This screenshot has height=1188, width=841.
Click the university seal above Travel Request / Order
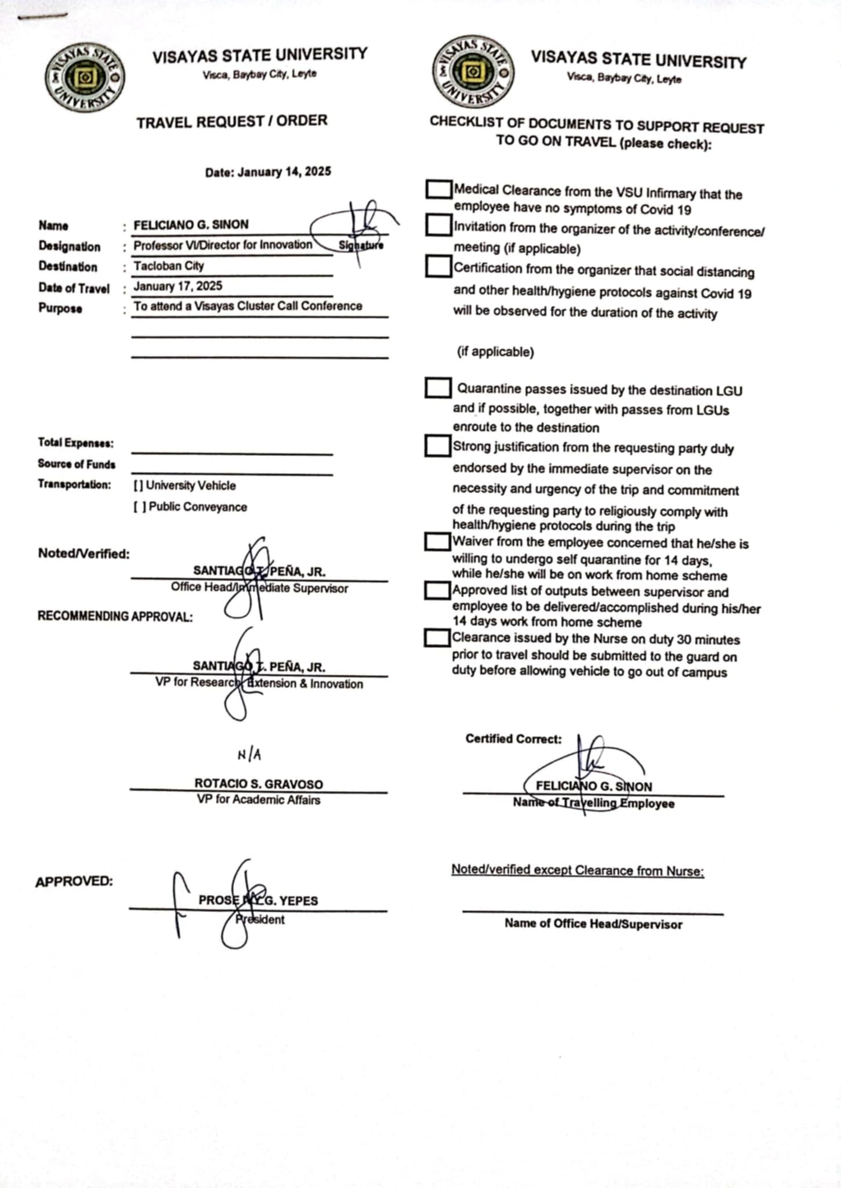coord(85,79)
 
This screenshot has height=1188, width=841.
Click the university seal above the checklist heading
coord(473,72)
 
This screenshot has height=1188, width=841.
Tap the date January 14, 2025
coord(268,172)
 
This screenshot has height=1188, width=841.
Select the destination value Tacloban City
coord(169,266)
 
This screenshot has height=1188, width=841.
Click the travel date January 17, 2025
coord(178,286)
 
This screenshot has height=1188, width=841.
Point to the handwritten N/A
coord(249,754)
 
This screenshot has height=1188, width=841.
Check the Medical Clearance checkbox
coord(438,189)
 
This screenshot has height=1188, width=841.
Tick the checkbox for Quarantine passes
coord(438,388)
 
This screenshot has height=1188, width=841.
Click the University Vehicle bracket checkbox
coord(138,486)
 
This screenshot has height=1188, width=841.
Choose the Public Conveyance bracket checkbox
coord(139,507)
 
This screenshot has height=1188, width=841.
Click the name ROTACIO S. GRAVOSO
coord(259,784)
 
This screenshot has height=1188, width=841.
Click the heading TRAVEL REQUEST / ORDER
coord(232,122)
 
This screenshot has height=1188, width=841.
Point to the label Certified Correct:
coord(513,739)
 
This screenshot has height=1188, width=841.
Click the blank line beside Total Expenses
coord(232,450)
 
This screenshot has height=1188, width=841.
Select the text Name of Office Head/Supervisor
coord(593,923)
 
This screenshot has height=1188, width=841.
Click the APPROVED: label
coord(74,882)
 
